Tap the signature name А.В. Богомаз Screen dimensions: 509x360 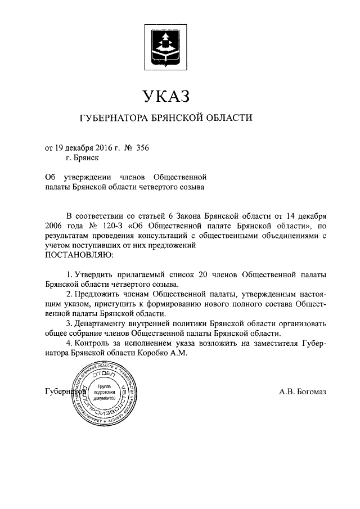302,391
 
